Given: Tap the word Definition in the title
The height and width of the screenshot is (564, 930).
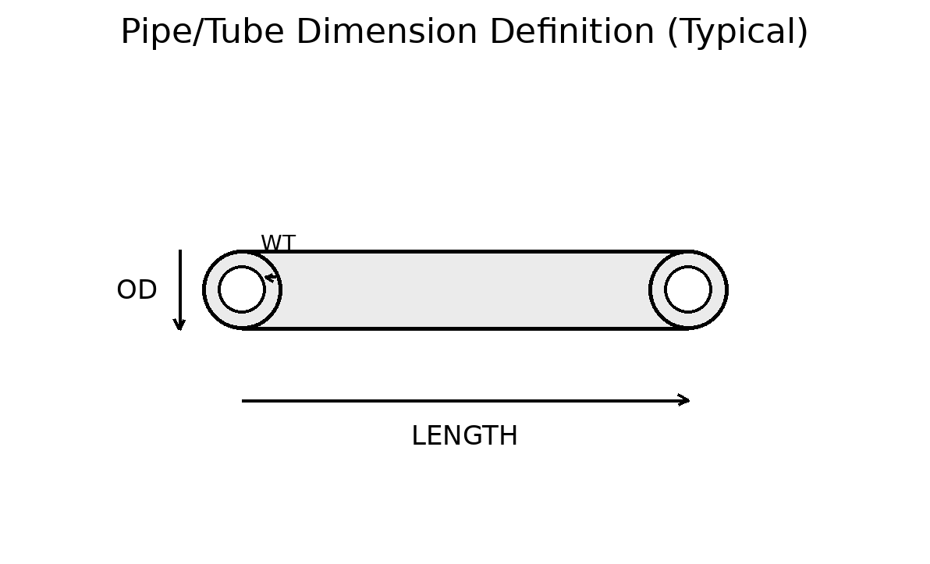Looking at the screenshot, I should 572,34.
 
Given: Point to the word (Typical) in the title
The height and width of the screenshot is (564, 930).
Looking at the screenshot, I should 737,34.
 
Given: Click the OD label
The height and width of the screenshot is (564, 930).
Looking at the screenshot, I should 137,291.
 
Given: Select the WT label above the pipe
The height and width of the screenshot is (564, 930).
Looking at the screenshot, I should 278,244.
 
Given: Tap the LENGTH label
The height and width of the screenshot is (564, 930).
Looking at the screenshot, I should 464,437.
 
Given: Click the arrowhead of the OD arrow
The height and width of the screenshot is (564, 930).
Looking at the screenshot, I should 179,325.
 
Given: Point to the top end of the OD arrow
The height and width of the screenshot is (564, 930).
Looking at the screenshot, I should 180,251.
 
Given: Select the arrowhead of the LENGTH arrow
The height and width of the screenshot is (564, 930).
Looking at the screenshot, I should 685,400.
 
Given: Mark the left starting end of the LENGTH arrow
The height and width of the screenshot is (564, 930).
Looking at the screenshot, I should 243,401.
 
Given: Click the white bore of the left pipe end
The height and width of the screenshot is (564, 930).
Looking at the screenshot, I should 242,289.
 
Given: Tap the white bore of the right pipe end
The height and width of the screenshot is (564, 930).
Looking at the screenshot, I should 688,289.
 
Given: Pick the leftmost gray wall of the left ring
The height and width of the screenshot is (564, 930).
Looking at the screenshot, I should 211,289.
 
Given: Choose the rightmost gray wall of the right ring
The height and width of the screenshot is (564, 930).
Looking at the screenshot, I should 719,289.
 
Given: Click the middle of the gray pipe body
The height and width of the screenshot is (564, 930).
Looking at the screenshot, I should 465,290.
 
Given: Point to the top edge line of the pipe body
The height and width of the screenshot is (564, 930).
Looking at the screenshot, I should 465,252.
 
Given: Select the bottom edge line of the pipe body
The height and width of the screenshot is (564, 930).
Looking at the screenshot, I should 465,328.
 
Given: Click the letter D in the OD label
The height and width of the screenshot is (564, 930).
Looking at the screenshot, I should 147,291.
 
